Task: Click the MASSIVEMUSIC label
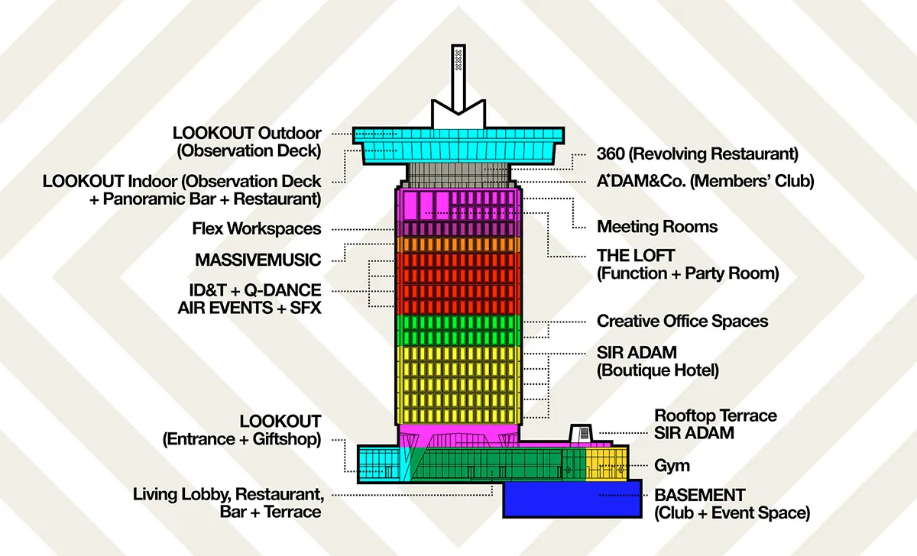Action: (x=258, y=260)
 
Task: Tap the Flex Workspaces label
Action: (x=257, y=229)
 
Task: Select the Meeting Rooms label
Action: (x=657, y=227)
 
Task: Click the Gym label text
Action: (x=672, y=465)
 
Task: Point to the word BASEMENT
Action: (x=699, y=495)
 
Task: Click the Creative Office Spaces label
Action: (x=682, y=321)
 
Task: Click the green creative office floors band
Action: (x=458, y=330)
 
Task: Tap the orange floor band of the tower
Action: (x=458, y=244)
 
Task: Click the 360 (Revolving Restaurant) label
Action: (x=697, y=154)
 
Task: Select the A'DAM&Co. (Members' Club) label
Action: (x=705, y=182)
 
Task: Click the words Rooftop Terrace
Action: (x=715, y=416)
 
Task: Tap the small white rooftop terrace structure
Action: (x=582, y=432)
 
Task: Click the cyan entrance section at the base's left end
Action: (x=378, y=462)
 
